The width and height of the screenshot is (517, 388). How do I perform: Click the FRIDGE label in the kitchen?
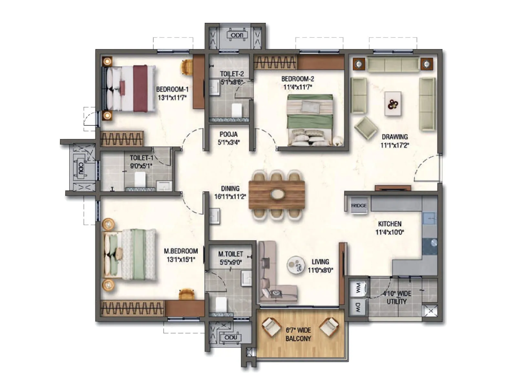(x=359, y=206)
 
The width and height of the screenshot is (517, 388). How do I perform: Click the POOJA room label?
(x=228, y=134)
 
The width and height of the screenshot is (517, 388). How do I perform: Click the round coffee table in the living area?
(x=295, y=265)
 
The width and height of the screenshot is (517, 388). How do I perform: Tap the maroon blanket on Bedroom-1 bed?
(x=141, y=88)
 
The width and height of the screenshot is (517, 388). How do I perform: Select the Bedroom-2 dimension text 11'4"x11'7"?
(x=298, y=87)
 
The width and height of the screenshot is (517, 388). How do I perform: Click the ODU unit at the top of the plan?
(x=237, y=35)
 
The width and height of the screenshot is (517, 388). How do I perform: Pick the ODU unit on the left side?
(x=80, y=170)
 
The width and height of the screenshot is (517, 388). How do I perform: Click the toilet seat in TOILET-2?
(x=237, y=110)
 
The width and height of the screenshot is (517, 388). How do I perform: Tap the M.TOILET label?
(x=230, y=254)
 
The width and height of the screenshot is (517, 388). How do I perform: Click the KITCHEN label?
(x=390, y=224)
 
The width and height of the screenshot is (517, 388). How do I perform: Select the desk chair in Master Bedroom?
(x=187, y=294)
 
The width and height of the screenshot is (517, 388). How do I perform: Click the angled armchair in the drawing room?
(x=366, y=128)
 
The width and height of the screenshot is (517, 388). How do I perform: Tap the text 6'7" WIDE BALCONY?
(x=298, y=334)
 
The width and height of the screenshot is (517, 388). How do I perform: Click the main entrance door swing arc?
(x=423, y=167)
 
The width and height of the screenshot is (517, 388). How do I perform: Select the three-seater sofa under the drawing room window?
(x=393, y=65)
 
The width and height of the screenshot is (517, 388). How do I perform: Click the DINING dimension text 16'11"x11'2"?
(x=230, y=197)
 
